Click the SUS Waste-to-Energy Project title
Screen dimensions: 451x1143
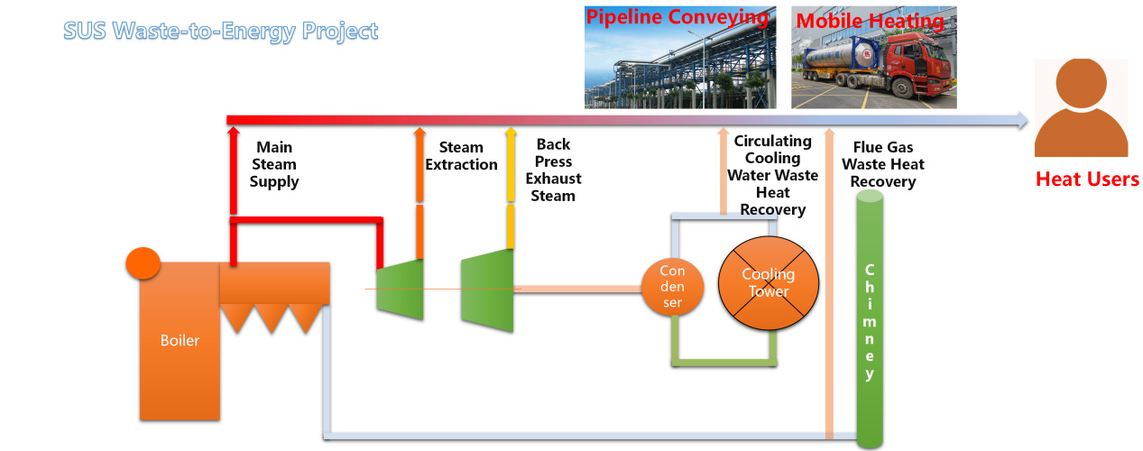[221, 32]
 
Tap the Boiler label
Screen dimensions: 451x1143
[180, 340]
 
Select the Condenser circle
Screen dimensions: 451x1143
[672, 287]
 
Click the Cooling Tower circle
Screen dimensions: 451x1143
[768, 283]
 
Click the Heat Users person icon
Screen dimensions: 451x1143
[1081, 108]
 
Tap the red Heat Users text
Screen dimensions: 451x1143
[1087, 179]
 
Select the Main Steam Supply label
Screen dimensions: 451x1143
[274, 164]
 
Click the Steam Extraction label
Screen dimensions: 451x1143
[461, 156]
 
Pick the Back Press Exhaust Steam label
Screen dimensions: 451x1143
[553, 170]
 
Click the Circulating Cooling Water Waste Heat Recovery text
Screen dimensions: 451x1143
[772, 176]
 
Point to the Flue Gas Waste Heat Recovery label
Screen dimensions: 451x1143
[883, 164]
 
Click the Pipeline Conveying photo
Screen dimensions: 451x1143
[679, 58]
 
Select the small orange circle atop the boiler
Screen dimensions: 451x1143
[143, 262]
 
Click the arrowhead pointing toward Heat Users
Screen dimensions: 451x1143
[1021, 120]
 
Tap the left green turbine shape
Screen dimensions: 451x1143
[400, 289]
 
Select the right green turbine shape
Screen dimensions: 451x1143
[487, 289]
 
